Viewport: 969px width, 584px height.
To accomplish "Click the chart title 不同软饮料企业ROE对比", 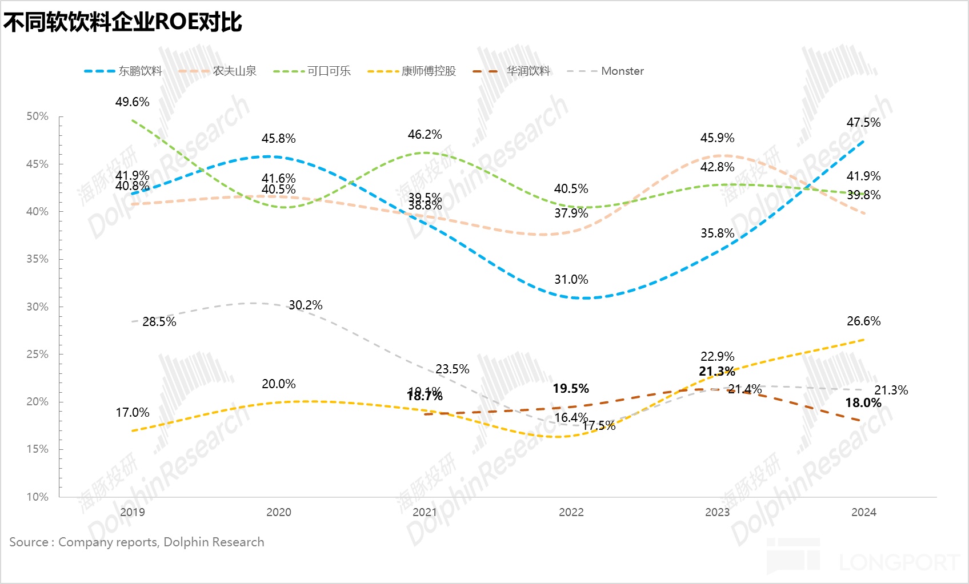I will tap(123, 22).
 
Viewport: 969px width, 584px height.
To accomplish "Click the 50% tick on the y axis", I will tap(38, 116).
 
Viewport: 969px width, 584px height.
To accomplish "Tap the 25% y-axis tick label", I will tap(38, 355).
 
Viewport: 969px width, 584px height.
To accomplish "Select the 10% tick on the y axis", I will tap(38, 497).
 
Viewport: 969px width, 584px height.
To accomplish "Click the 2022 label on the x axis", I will tap(571, 512).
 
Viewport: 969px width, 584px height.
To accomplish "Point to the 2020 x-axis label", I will tap(278, 512).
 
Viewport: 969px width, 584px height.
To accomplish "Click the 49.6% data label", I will tap(132, 102).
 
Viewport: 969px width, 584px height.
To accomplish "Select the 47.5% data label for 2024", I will tap(863, 123).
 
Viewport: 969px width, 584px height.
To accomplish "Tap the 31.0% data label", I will tap(571, 280).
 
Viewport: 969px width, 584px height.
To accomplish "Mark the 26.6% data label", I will tap(863, 321).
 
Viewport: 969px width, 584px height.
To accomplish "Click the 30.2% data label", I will tap(305, 305).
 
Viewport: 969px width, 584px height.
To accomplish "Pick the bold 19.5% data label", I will tap(570, 389).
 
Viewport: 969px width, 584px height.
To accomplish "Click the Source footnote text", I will tap(137, 542).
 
